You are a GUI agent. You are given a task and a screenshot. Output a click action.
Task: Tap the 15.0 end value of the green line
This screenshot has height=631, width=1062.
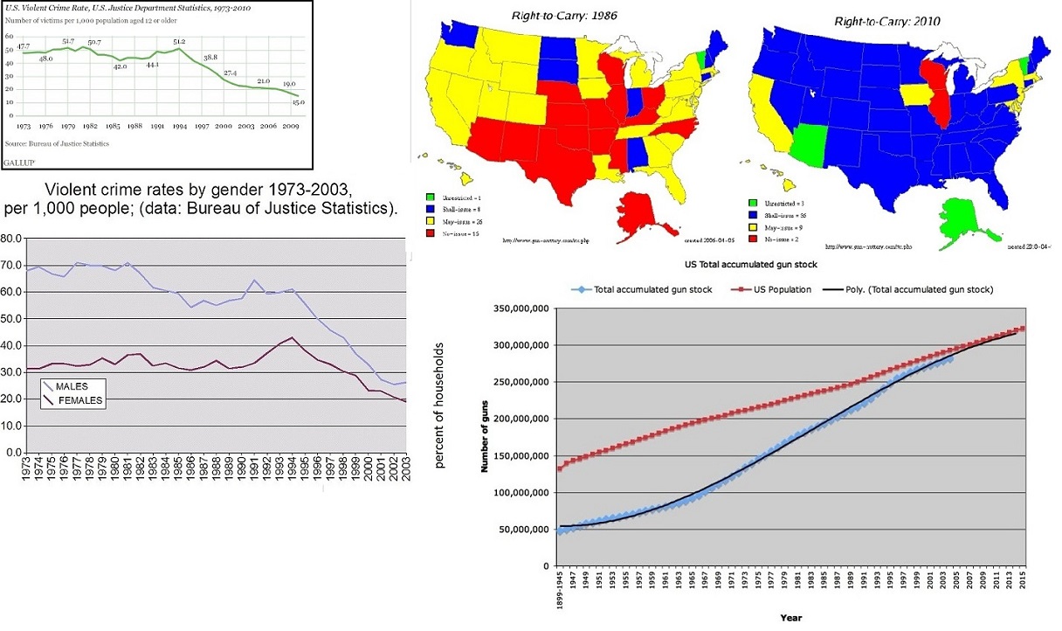click(x=298, y=102)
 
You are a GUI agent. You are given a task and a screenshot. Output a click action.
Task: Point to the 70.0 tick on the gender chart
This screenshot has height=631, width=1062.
click(x=11, y=263)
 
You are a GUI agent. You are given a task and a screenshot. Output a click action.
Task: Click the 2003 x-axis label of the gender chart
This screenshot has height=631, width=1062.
click(x=404, y=471)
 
